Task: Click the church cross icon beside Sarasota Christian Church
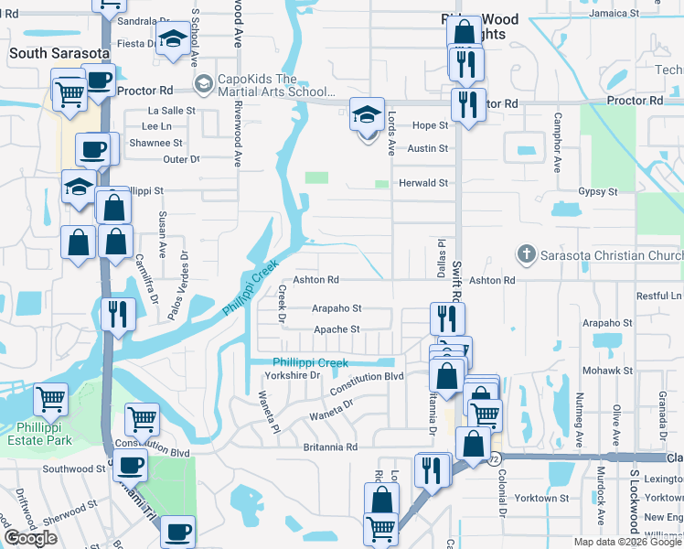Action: (526, 253)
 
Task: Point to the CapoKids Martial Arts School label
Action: (271, 84)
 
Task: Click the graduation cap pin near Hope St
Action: (367, 117)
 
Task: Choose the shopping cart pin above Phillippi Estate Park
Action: (51, 399)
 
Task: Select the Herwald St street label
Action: (422, 183)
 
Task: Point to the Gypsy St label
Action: (598, 192)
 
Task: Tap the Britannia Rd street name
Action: (326, 447)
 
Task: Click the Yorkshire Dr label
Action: (292, 375)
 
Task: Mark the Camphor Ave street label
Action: (556, 143)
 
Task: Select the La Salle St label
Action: (172, 110)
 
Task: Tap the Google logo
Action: (31, 537)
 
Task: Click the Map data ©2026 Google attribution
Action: (627, 542)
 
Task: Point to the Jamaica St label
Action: (638, 14)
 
